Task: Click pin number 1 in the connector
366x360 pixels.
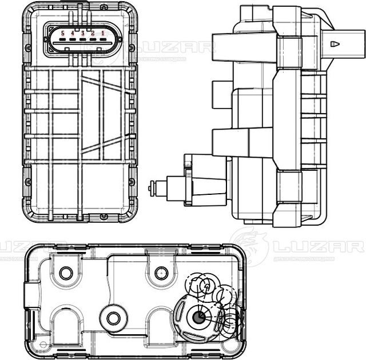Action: click(102, 34)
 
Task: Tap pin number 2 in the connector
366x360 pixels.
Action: click(93, 34)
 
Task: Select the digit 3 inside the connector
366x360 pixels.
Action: click(82, 34)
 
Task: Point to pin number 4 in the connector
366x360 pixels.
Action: click(72, 34)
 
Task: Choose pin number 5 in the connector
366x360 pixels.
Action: click(62, 34)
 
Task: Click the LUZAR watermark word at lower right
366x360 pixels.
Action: click(317, 247)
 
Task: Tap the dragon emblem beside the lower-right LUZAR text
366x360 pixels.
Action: click(249, 246)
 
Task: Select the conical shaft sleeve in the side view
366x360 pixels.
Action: click(208, 187)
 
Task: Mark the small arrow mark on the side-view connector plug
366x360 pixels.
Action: click(335, 43)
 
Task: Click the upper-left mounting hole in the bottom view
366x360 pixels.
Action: click(66, 273)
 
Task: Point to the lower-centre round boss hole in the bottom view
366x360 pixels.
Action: click(113, 318)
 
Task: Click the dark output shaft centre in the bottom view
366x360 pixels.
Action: click(200, 315)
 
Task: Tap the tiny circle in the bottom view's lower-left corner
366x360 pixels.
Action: click(41, 345)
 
